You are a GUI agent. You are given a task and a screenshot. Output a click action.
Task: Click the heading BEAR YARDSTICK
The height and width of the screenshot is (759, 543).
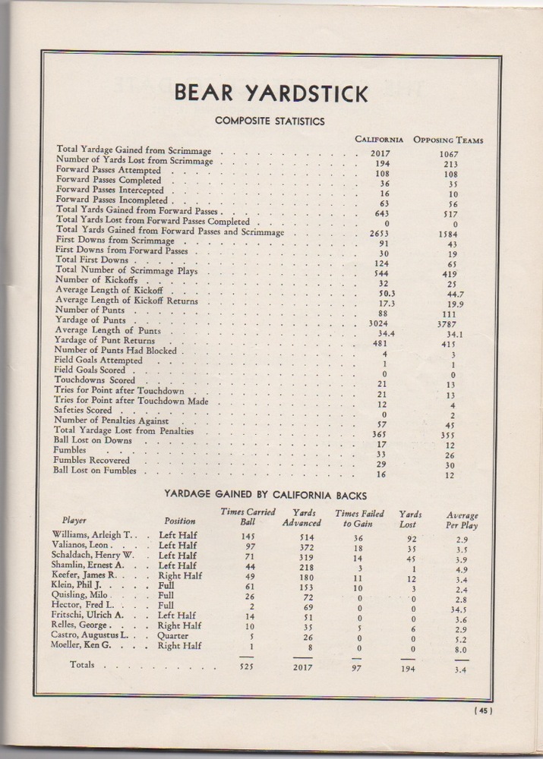click(271, 93)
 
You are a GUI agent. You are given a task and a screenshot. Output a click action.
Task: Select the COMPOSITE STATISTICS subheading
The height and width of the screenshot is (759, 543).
click(270, 121)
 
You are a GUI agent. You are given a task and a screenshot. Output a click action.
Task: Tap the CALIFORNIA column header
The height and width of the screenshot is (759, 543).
click(379, 140)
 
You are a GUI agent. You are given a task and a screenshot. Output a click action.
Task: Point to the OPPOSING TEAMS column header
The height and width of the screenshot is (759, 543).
click(448, 140)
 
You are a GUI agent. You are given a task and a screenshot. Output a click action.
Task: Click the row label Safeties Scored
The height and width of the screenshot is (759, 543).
click(84, 410)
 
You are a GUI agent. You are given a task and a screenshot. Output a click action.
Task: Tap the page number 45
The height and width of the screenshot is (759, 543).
click(483, 711)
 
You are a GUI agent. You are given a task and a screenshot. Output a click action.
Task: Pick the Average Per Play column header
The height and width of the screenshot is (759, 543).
click(462, 520)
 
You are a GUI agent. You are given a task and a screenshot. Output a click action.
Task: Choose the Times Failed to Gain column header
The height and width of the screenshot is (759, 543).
click(359, 518)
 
